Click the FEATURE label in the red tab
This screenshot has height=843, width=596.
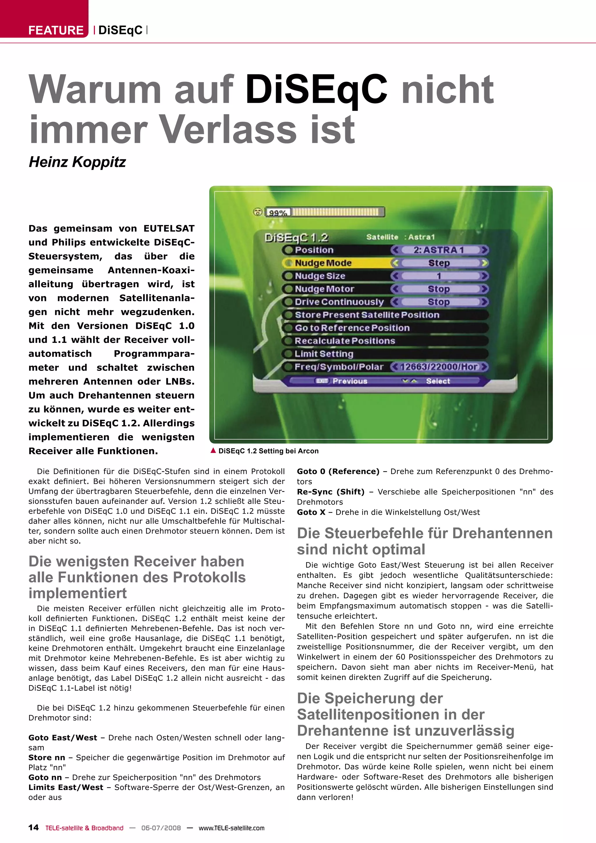point(56,30)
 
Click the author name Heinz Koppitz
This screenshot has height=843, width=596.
point(77,162)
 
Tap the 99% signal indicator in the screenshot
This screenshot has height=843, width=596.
point(278,212)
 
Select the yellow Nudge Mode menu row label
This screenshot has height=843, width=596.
point(323,263)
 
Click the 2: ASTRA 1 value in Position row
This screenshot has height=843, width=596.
point(439,250)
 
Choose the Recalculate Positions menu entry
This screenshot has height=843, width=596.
point(345,341)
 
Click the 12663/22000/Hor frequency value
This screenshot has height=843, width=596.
point(439,367)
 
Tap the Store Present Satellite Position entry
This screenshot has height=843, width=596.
point(367,315)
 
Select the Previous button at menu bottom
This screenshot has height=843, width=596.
point(350,381)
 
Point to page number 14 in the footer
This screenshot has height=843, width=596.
point(33,828)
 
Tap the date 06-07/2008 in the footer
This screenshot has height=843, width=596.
point(161,828)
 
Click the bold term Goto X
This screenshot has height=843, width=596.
point(311,512)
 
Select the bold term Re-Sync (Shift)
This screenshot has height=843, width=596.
point(331,492)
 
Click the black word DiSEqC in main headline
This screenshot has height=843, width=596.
point(316,89)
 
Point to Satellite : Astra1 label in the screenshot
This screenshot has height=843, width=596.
point(400,237)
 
